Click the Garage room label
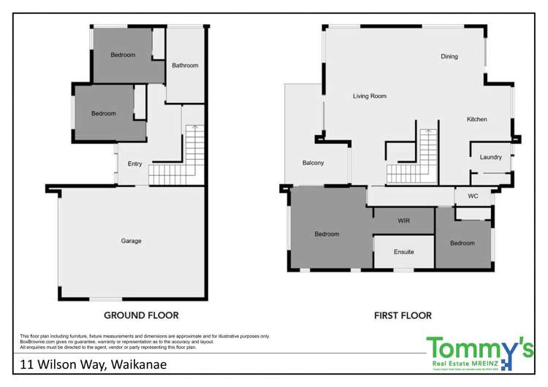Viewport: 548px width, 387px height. [x=132, y=241]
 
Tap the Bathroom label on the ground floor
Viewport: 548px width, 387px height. [x=185, y=66]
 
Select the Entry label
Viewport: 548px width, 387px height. [x=135, y=164]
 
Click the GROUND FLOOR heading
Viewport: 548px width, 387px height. [x=142, y=315]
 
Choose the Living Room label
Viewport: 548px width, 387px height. [x=370, y=96]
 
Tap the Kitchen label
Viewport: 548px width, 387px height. [x=477, y=119]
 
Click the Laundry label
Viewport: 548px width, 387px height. [x=490, y=157]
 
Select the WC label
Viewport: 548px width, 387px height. [x=472, y=196]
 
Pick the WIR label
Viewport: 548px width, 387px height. [x=403, y=220]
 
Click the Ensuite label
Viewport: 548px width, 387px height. [x=403, y=252]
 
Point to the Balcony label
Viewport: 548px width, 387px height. [x=313, y=163]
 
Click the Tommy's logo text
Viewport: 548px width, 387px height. [x=479, y=348]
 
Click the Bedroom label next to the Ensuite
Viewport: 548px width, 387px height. [x=327, y=234]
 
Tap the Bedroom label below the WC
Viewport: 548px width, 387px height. [x=462, y=243]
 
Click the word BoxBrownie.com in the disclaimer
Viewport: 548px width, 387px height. [x=36, y=341]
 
